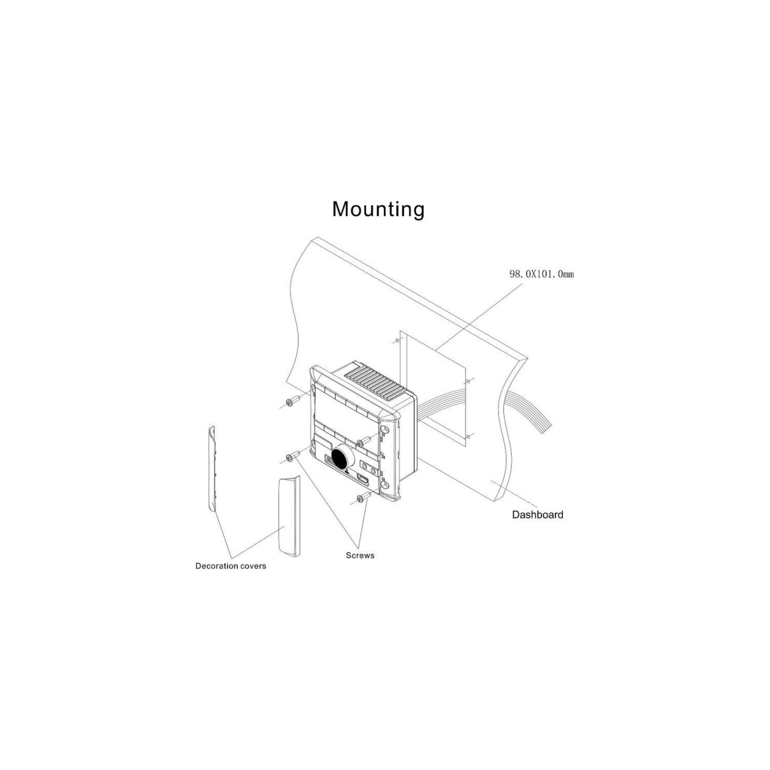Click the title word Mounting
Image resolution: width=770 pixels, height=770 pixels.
378,209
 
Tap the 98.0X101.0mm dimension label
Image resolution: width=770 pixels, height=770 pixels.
541,274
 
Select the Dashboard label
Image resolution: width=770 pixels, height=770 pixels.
537,514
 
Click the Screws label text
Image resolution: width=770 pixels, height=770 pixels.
360,555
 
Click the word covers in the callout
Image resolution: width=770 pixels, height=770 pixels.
252,566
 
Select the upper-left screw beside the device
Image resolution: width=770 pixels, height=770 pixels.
292,400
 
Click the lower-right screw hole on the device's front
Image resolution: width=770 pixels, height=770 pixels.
385,485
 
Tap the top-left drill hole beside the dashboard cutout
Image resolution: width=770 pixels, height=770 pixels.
397,341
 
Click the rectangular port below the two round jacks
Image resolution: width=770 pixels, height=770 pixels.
362,480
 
